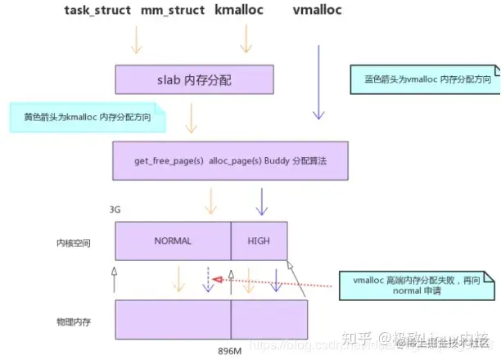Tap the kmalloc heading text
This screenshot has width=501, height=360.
point(242,11)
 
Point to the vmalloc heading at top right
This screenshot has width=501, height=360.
point(317,11)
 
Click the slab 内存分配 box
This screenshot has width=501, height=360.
point(193,80)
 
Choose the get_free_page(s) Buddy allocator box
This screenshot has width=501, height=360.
point(231,161)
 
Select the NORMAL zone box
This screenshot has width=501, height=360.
point(173,241)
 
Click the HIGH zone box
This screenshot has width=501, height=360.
point(259,241)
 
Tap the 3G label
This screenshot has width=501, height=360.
point(115,210)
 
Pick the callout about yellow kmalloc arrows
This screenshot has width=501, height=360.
point(87,118)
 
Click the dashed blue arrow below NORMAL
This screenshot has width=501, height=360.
point(208,278)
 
